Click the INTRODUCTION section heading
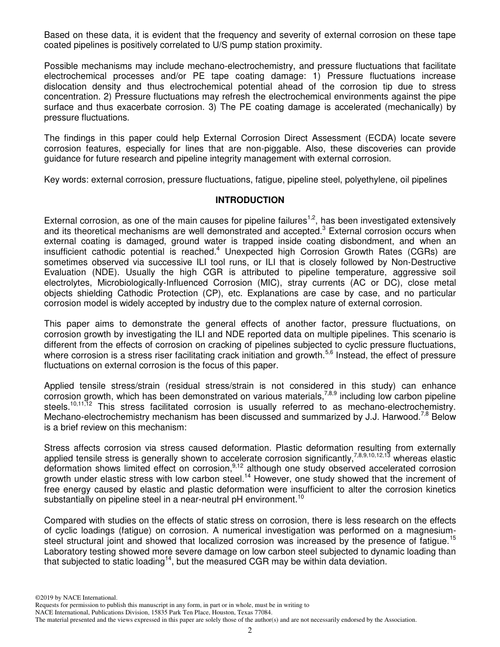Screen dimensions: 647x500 pyautogui.click(x=249, y=200)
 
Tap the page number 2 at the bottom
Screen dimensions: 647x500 pyautogui.click(x=250, y=631)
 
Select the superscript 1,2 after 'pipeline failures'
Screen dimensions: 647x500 pyautogui.click(x=311, y=217)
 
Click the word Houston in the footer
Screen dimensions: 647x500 pyautogui.click(x=213, y=612)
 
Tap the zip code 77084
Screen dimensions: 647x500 pyautogui.click(x=261, y=612)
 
